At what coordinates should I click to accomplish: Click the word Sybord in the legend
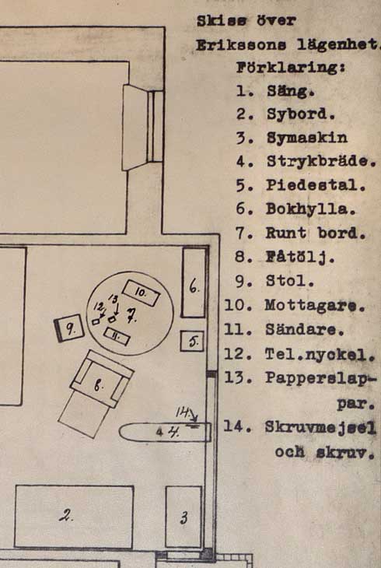[x=301, y=114]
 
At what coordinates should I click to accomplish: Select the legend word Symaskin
[x=307, y=138]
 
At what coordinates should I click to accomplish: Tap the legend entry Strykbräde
[x=322, y=161]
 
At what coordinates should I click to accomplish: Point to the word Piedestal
[x=316, y=185]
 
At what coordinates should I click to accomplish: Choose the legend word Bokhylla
[x=311, y=209]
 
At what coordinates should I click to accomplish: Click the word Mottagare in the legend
[x=315, y=305]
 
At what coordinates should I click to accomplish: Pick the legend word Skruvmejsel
[x=320, y=427]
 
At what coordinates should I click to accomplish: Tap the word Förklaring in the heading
[x=290, y=68]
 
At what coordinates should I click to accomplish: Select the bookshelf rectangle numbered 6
[x=194, y=282]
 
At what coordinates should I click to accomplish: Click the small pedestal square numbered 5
[x=192, y=342]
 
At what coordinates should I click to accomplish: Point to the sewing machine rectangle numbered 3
[x=184, y=517]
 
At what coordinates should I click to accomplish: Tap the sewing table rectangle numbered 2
[x=74, y=517]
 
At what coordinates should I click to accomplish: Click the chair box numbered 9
[x=69, y=328]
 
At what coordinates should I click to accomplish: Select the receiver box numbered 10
[x=142, y=293]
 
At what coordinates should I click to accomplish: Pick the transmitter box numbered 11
[x=117, y=337]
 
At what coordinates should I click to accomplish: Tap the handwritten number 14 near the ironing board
[x=183, y=412]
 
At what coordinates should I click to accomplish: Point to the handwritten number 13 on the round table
[x=113, y=300]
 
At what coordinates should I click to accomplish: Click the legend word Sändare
[x=305, y=330]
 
